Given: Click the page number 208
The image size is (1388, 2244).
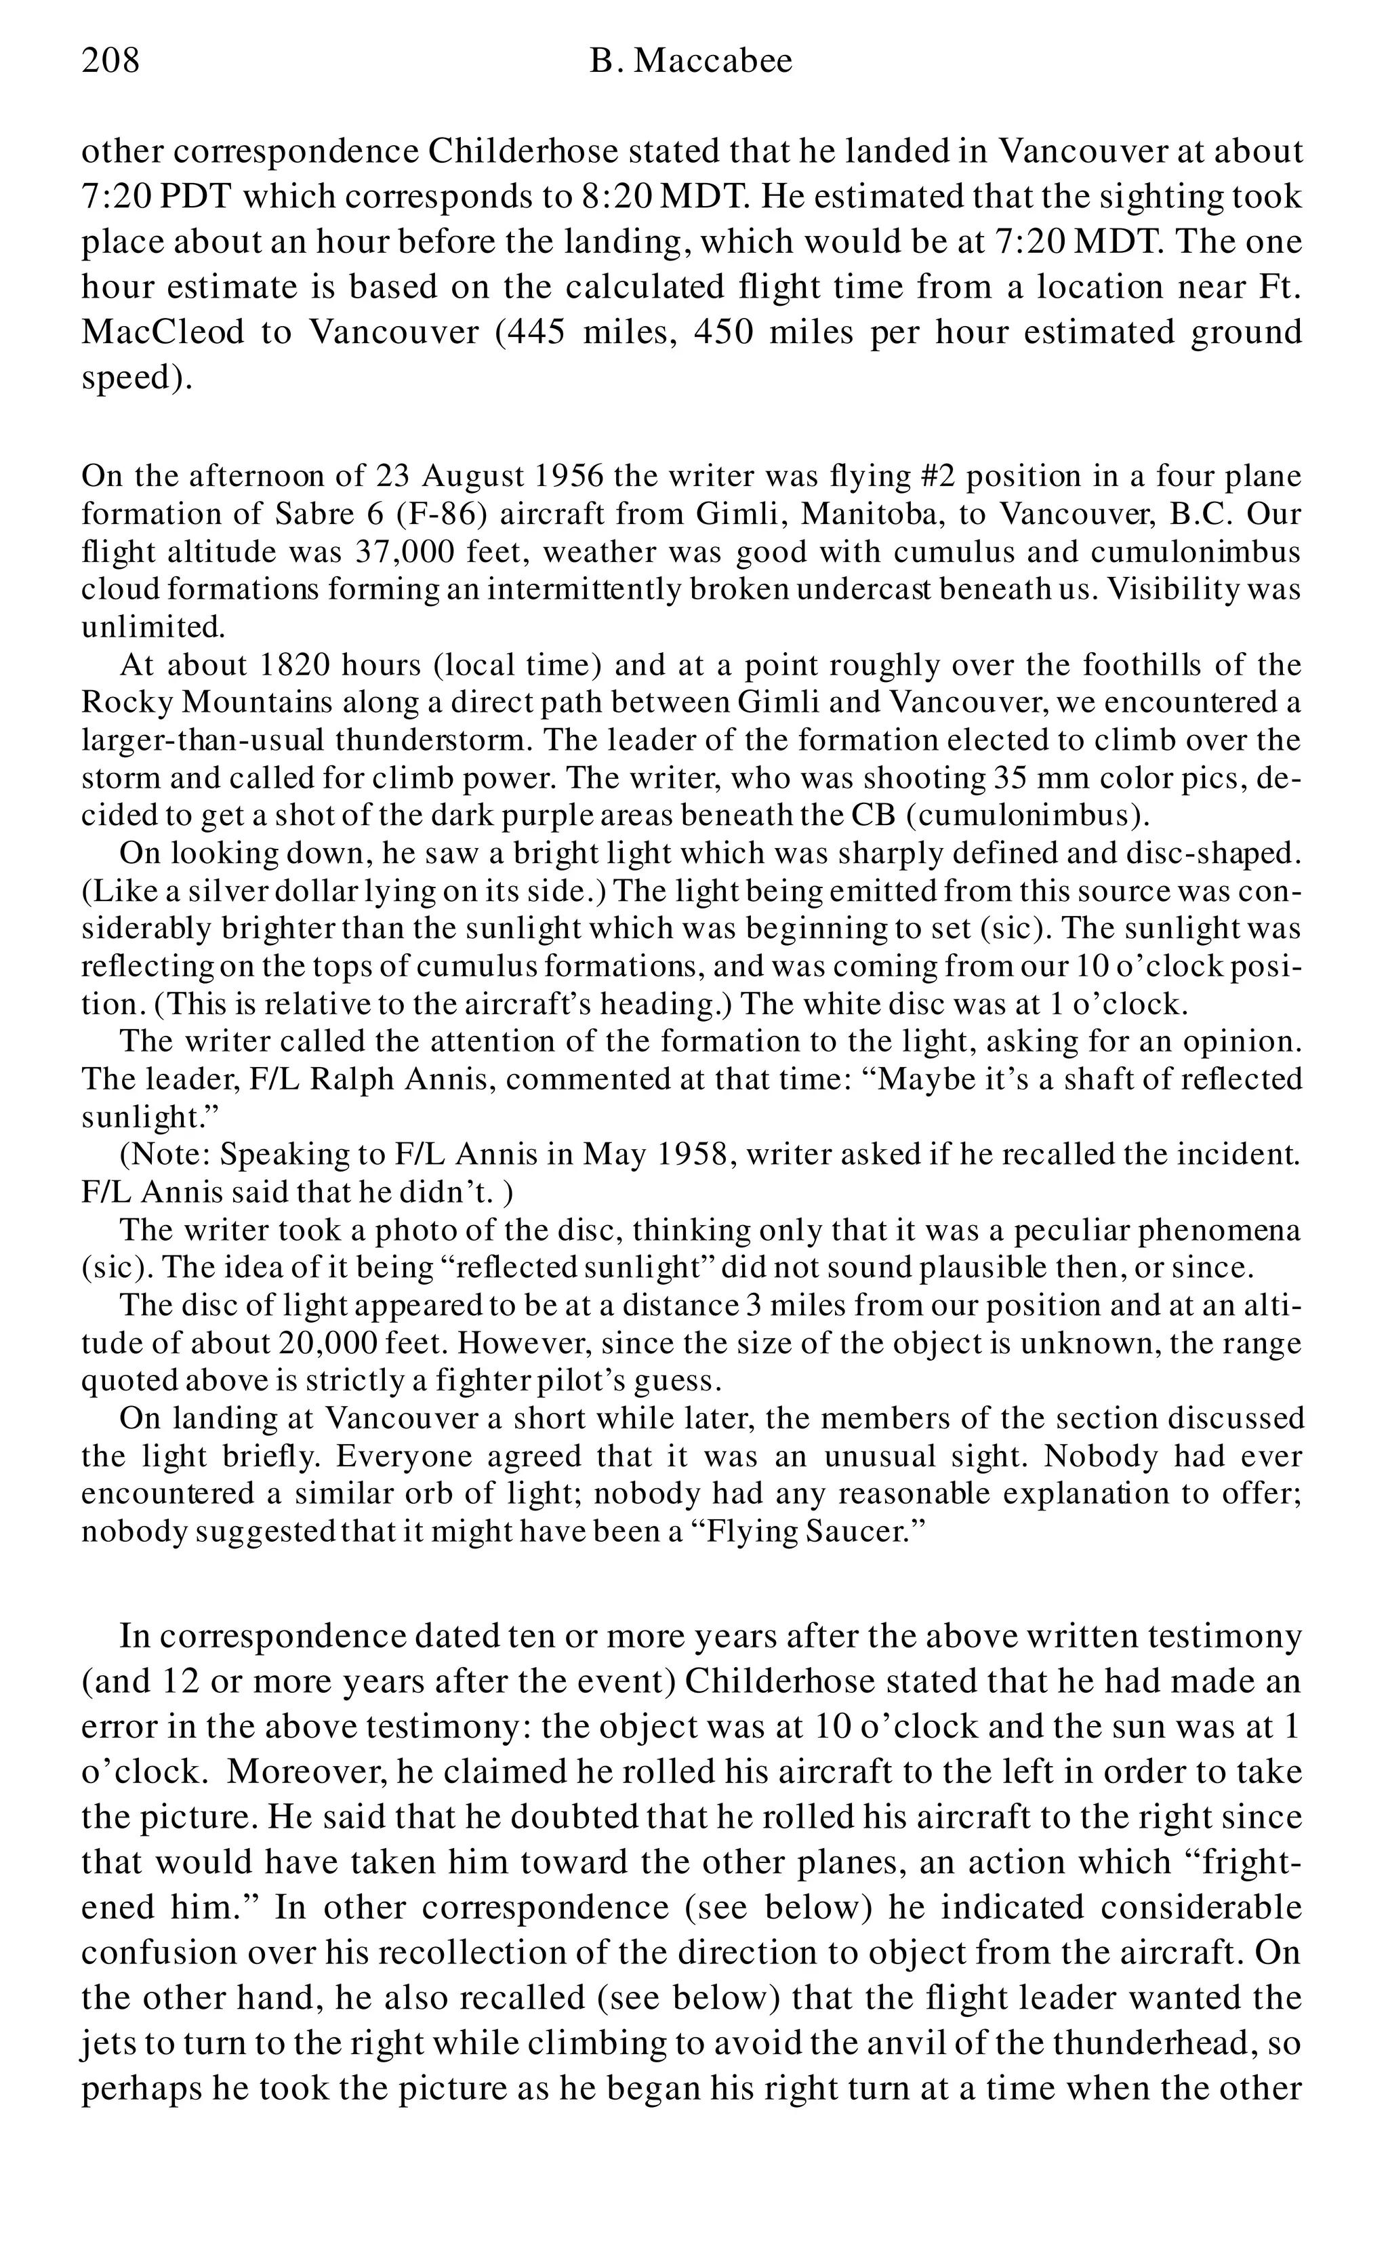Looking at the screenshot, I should (110, 62).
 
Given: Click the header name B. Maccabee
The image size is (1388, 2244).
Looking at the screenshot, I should (691, 62).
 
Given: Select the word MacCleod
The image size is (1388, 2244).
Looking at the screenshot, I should (163, 332).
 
